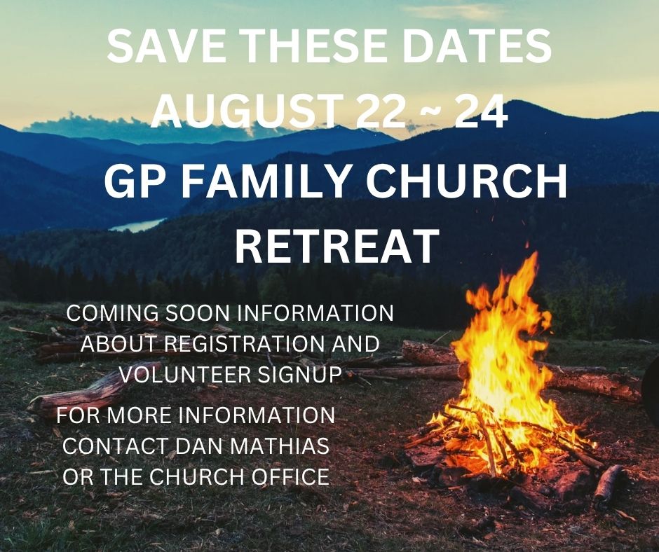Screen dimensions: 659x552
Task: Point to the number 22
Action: [381, 111]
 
